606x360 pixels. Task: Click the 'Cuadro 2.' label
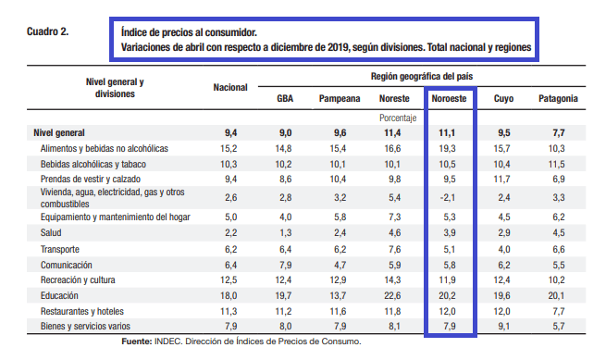pos(47,31)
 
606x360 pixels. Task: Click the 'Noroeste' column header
pos(449,99)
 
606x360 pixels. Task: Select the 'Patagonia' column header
pos(558,99)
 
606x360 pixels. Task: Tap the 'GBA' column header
pos(285,99)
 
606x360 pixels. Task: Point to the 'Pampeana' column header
pos(340,99)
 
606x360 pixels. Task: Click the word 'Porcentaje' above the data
pos(398,118)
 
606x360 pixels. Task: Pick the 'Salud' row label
pos(51,233)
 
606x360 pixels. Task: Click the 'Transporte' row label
pos(60,250)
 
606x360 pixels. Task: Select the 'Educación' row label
pos(59,296)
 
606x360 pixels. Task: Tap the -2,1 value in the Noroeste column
pos(448,198)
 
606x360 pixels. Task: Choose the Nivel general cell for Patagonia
pos(559,133)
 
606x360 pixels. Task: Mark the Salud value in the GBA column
pos(285,233)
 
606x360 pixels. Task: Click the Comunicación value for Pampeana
pos(340,266)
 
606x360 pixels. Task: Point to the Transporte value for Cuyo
pos(504,250)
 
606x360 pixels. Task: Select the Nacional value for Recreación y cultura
pos(229,280)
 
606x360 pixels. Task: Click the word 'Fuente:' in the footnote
pos(137,341)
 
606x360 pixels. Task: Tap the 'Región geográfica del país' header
pos(422,76)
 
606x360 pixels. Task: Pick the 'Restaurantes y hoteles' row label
pos(82,311)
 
